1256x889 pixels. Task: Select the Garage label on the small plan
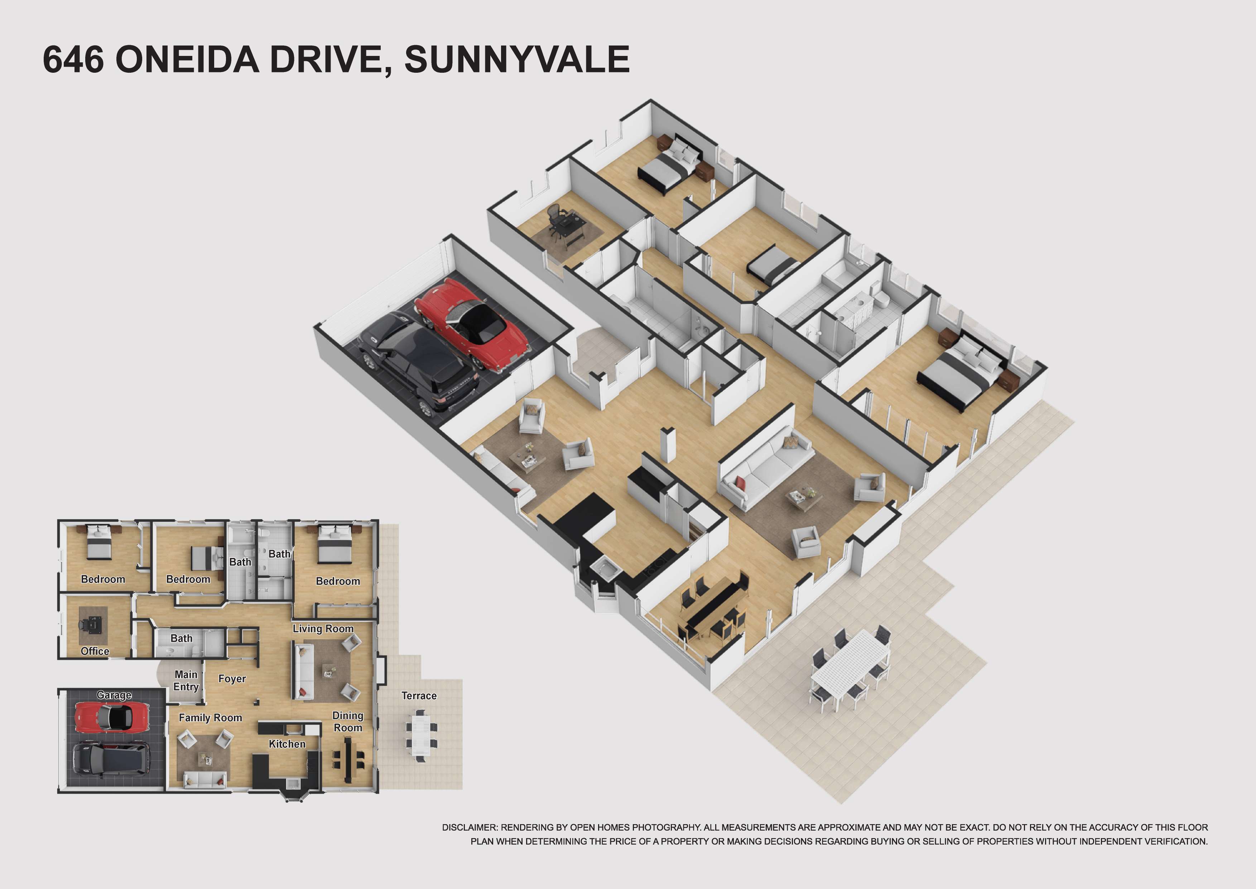point(114,695)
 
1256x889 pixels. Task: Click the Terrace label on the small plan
point(419,696)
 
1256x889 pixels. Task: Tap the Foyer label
point(232,679)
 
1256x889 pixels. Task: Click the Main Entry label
point(186,680)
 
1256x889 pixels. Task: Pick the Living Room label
point(323,628)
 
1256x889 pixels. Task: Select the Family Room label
point(210,718)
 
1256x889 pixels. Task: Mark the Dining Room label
point(348,722)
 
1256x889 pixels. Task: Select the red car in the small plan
point(111,717)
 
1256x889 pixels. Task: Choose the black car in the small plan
point(111,758)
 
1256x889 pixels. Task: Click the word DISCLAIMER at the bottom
point(470,827)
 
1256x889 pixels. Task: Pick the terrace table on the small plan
point(420,735)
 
